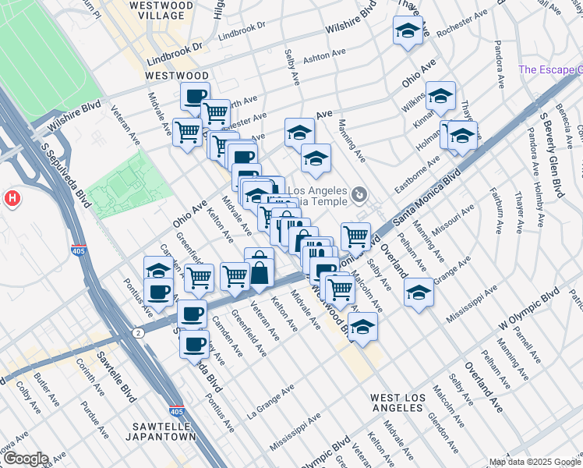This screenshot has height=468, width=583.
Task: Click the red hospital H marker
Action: tap(12, 199)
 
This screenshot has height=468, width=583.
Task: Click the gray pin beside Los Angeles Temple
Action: tap(359, 193)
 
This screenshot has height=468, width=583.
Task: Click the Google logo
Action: tap(25, 459)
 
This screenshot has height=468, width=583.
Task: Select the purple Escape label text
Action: tap(549, 69)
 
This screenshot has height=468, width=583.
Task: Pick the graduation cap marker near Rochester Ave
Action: tap(408, 30)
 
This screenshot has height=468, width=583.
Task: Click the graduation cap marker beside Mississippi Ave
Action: tap(419, 293)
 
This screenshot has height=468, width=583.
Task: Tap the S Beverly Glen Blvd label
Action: tap(550, 132)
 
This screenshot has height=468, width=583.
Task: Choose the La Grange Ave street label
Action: tap(270, 399)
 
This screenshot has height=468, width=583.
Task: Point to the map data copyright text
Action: tap(535, 462)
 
